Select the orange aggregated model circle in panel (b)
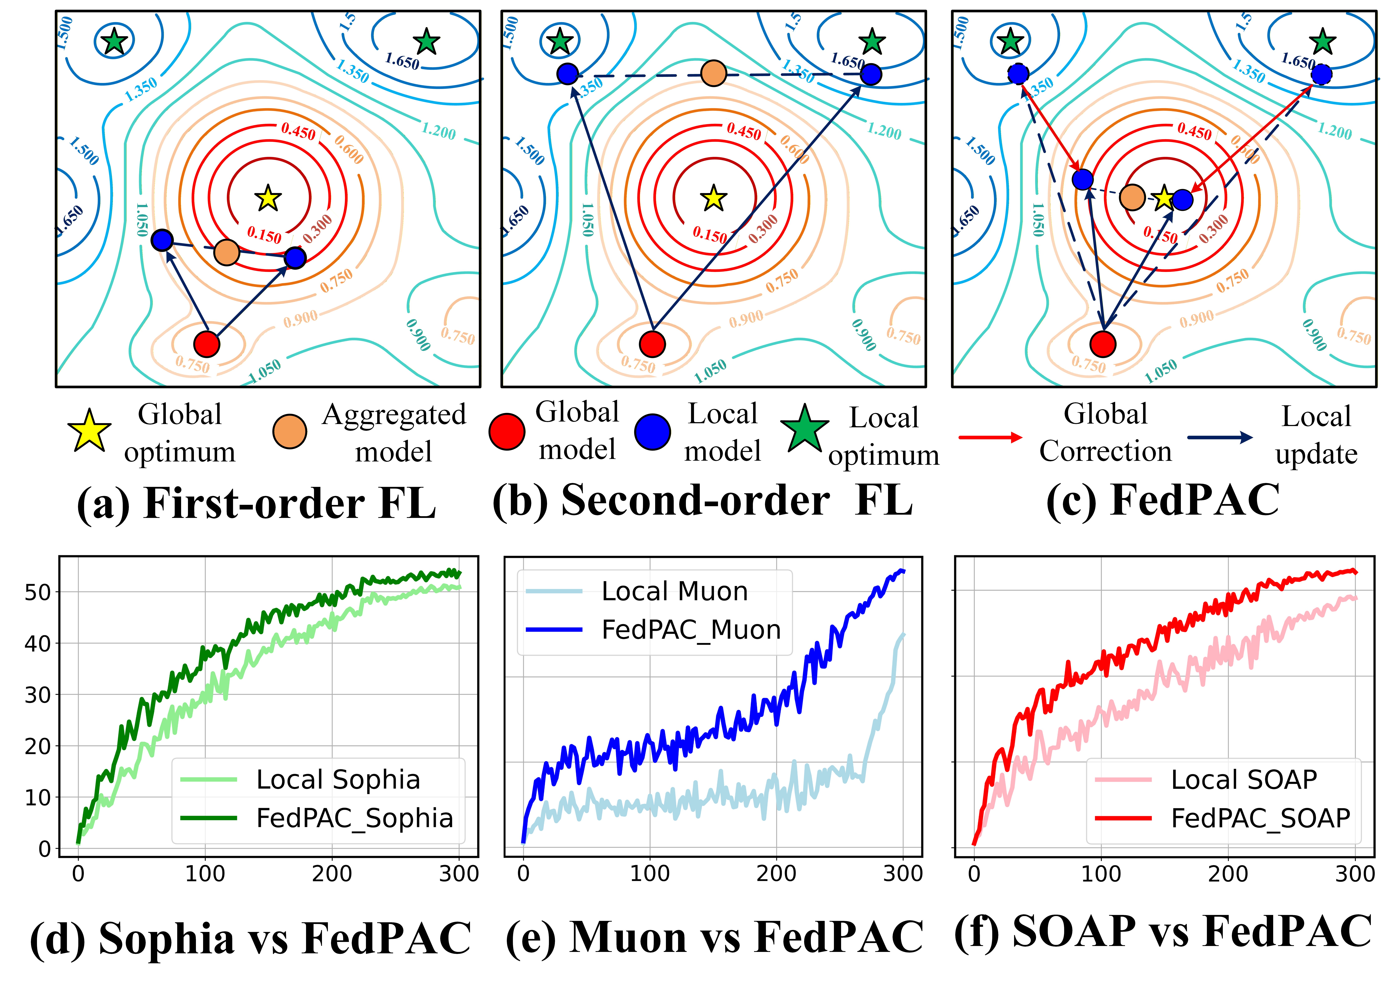click(713, 74)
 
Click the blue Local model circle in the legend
click(653, 432)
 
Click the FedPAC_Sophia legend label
click(354, 818)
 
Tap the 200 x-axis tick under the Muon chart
click(776, 874)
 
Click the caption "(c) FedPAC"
click(1163, 500)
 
